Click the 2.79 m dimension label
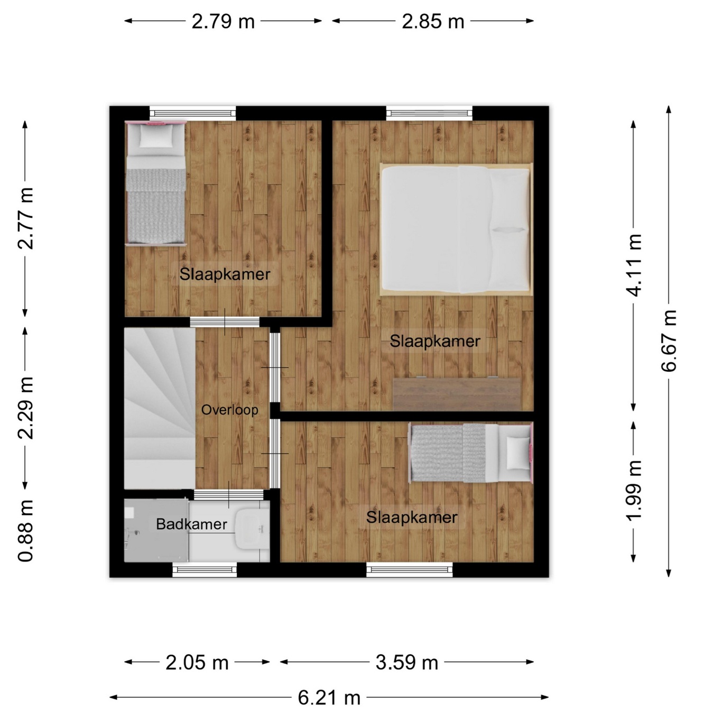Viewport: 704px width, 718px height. coord(223,22)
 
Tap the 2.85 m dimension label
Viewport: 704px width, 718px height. coord(433,22)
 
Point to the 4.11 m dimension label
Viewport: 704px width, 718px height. coord(633,265)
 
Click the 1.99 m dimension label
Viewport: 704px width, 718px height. coord(633,490)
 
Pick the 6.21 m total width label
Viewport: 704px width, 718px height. coord(329,697)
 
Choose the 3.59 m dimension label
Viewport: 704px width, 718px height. coord(407,663)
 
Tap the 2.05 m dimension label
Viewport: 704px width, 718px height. coord(197,663)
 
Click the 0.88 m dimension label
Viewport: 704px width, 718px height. coord(26,531)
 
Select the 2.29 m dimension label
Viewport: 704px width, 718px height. coord(26,408)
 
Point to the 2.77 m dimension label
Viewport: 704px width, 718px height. coord(26,218)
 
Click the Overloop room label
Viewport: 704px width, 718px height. coord(229,410)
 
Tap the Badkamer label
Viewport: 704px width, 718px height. coord(191,524)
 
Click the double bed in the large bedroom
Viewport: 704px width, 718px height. coord(456,229)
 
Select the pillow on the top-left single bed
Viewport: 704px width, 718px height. coord(156,136)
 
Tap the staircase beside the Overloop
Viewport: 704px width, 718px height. coord(160,408)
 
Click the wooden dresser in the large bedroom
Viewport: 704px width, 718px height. coord(457,394)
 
